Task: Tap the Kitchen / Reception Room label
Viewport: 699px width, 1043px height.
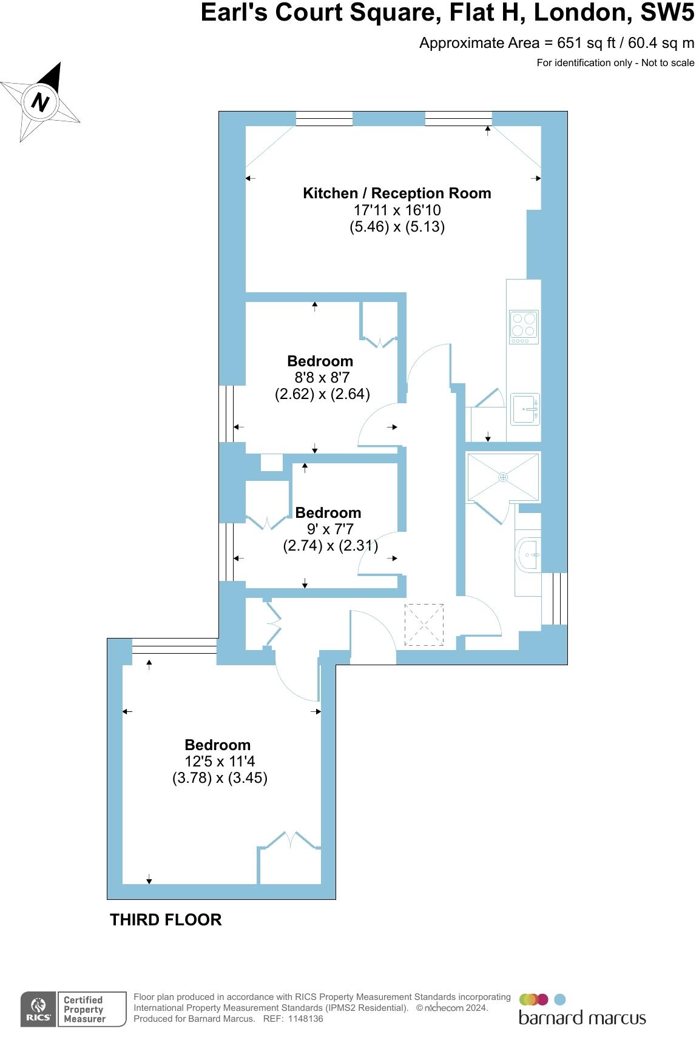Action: (397, 193)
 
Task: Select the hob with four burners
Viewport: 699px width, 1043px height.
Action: (524, 327)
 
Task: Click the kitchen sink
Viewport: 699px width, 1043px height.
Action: (524, 409)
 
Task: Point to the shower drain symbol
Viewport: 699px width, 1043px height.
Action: (502, 477)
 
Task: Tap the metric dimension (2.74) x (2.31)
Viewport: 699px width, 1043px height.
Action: (331, 546)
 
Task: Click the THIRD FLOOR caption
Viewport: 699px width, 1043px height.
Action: (166, 920)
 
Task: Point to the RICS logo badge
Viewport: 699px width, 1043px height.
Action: (38, 1010)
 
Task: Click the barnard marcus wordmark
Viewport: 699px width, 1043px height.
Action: (582, 1018)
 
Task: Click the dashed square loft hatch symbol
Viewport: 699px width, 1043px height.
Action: (424, 625)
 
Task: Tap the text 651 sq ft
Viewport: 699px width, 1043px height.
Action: (581, 43)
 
